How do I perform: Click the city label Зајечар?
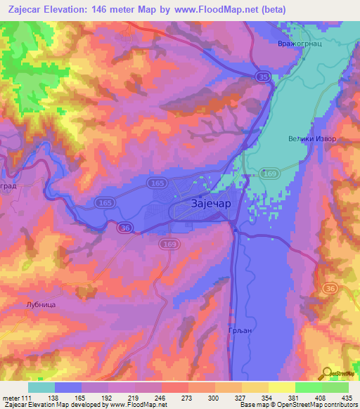[x=210, y=204]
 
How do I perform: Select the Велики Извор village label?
[x=313, y=138]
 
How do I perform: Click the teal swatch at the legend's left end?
[x=41, y=387]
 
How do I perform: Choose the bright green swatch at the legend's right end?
[x=335, y=387]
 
